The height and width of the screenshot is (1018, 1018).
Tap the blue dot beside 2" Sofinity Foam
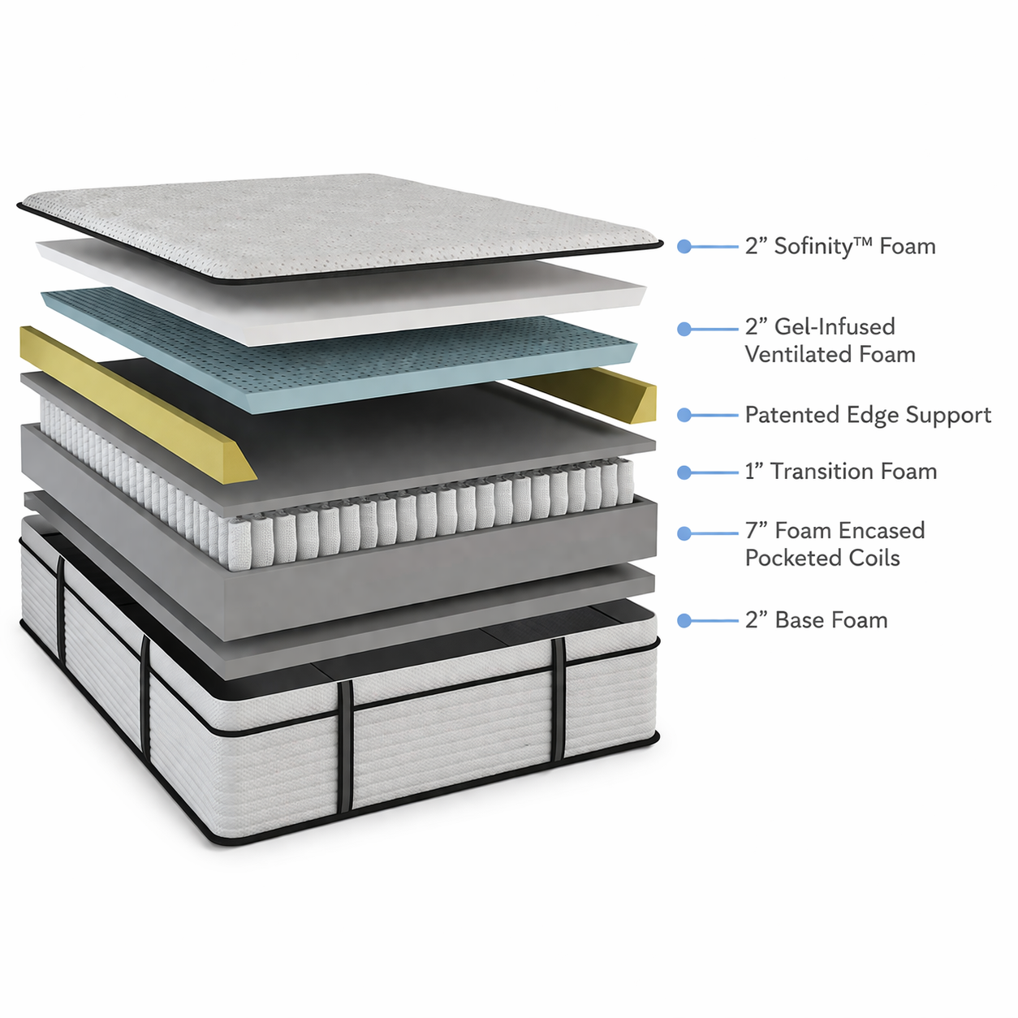pos(684,246)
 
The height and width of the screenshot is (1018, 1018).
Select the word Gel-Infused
pos(835,327)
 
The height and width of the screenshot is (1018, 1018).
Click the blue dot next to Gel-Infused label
pos(684,329)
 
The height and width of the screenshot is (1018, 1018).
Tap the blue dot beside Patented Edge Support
pos(684,415)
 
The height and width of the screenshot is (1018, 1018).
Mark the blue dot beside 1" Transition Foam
pos(684,472)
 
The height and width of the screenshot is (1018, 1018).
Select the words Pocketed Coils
pos(822,559)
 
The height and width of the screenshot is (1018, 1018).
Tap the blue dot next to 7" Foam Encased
pos(684,533)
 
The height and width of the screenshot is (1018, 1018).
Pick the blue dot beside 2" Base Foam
pos(684,620)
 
